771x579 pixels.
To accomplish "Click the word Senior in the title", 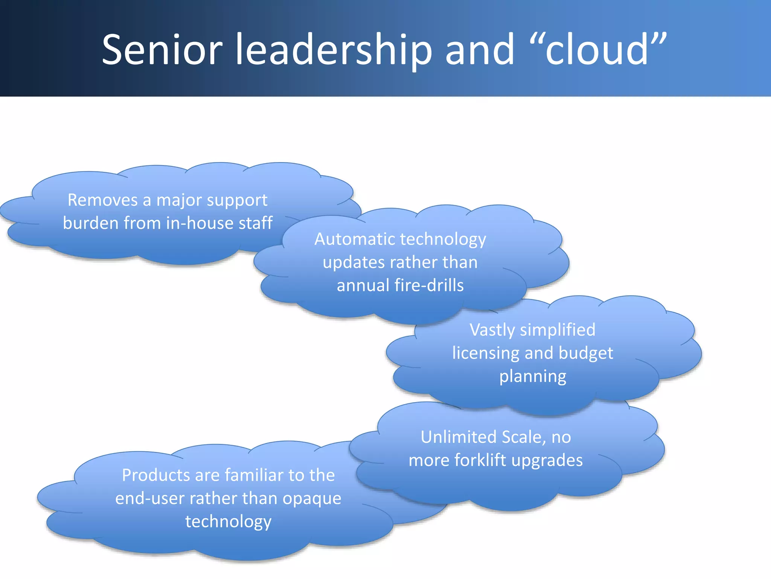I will pyautogui.click(x=162, y=50).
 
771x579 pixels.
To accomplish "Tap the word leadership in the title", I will pyautogui.click(x=334, y=50).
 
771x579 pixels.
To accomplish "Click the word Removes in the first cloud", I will pyautogui.click(x=102, y=200).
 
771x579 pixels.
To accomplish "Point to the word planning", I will pyautogui.click(x=533, y=377).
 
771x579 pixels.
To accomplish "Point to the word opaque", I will pyautogui.click(x=312, y=499).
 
